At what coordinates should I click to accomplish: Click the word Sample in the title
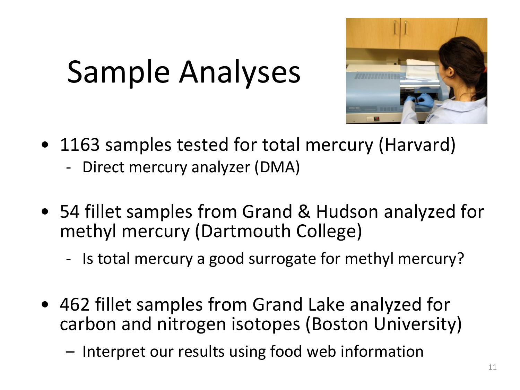click(x=119, y=72)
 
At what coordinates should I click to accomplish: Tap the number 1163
click(x=80, y=145)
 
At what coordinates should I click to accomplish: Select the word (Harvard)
click(x=417, y=145)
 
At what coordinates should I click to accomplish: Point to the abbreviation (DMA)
click(x=277, y=167)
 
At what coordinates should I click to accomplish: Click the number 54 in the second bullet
click(x=69, y=211)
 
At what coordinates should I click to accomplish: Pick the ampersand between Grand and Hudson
click(x=304, y=211)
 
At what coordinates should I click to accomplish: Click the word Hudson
click(x=347, y=211)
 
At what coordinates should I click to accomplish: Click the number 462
click(x=75, y=304)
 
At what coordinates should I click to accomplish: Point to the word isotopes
click(x=265, y=324)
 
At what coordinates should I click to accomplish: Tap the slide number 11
click(x=492, y=367)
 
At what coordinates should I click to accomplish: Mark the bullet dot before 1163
click(x=45, y=145)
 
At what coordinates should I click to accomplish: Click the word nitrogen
click(x=191, y=324)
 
